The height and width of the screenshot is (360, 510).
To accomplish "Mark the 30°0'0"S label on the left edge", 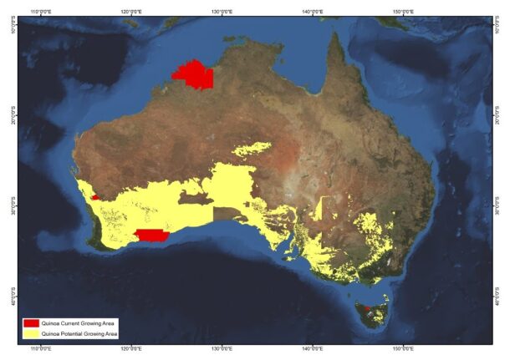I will (x=12, y=205).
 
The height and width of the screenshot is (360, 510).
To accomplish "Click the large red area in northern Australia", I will (x=194, y=75).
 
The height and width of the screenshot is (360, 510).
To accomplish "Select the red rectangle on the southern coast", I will (x=151, y=235).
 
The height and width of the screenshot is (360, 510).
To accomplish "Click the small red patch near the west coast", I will (x=95, y=197).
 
